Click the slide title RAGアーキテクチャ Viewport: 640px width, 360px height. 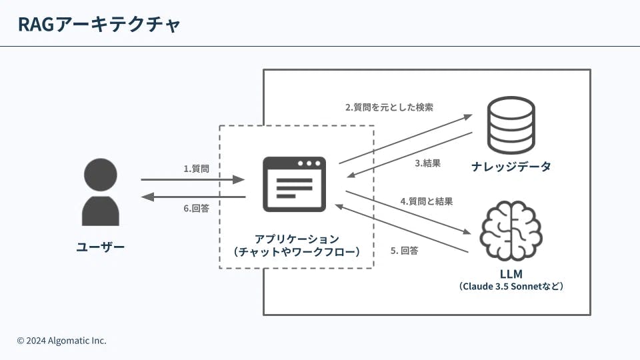[99, 25]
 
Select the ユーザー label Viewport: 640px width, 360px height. [100, 247]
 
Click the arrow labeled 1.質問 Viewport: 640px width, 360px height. [193, 179]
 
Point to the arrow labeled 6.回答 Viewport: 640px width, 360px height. [193, 197]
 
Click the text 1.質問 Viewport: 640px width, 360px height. [196, 169]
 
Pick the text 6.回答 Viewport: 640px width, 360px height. [196, 208]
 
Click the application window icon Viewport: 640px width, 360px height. [294, 184]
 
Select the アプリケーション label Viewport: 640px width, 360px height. [297, 238]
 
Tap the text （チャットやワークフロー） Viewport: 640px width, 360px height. [297, 252]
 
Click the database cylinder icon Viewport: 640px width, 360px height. [510, 125]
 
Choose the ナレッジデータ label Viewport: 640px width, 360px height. [511, 167]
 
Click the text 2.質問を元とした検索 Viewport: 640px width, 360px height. [389, 107]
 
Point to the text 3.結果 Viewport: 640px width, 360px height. [427, 163]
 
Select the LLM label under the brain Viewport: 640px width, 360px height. [511, 273]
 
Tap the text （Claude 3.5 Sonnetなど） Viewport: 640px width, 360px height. [511, 287]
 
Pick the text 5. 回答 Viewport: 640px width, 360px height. [405, 251]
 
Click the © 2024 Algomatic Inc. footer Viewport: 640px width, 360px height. [61, 341]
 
